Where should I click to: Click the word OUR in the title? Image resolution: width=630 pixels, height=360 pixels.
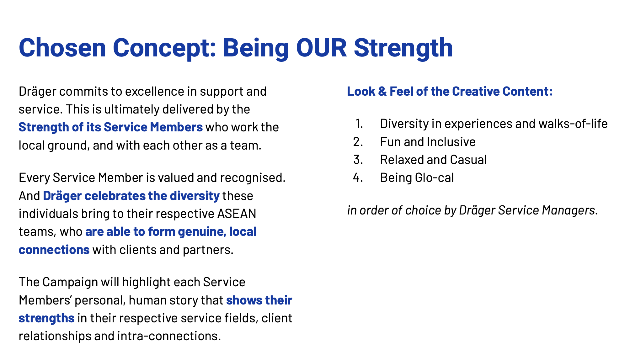tap(321, 48)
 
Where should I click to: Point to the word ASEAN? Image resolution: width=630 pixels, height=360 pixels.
tap(237, 214)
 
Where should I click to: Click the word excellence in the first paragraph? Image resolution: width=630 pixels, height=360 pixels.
tap(155, 92)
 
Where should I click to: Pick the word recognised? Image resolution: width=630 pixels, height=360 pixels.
tap(253, 178)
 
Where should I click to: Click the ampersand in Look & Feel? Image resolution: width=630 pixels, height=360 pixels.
tap(382, 92)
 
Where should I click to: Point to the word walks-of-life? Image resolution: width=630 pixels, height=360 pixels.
tap(573, 124)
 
